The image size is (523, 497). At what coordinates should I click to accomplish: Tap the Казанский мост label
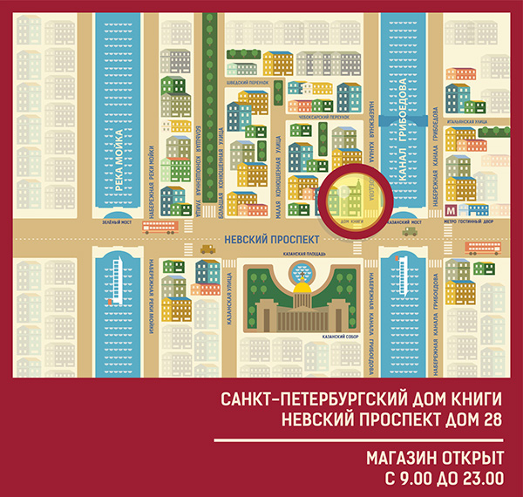click(x=404, y=222)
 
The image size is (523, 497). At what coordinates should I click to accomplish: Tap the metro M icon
click(x=450, y=209)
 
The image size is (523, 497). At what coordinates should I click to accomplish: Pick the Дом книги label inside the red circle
click(x=353, y=222)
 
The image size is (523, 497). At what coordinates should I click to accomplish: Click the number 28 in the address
click(x=491, y=418)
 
